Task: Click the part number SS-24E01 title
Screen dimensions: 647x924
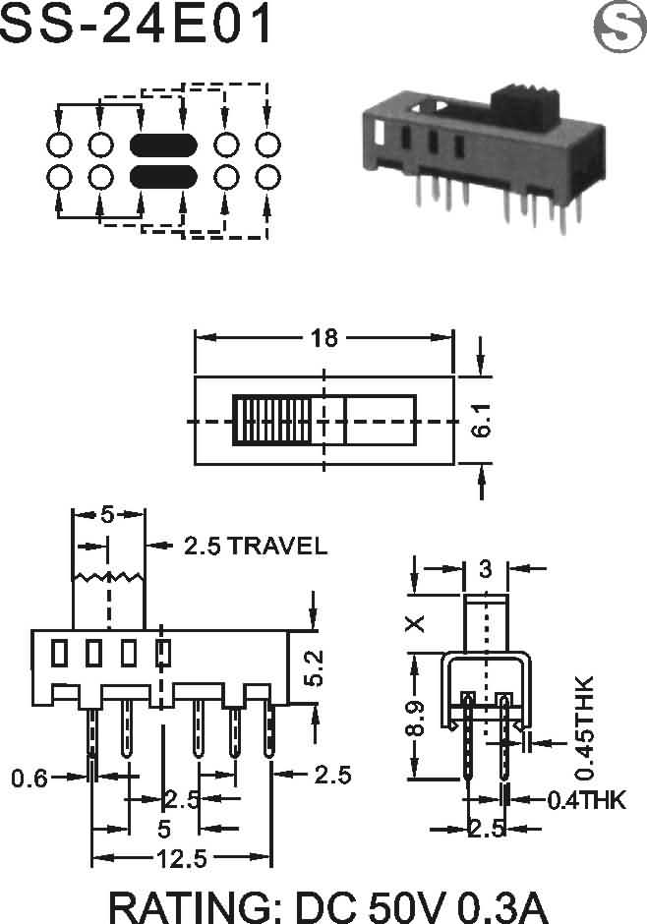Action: pyautogui.click(x=137, y=23)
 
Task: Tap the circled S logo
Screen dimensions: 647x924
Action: pyautogui.click(x=620, y=27)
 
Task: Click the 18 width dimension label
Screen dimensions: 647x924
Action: pyautogui.click(x=324, y=338)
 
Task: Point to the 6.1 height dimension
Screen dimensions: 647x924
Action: pyautogui.click(x=482, y=420)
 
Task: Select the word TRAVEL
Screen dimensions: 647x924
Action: pyautogui.click(x=277, y=546)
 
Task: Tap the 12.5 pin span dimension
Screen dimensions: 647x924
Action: pyautogui.click(x=182, y=859)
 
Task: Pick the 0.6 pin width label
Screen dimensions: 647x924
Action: pyautogui.click(x=29, y=779)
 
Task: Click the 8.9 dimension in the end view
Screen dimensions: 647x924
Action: pyautogui.click(x=415, y=719)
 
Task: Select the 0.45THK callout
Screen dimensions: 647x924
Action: pyautogui.click(x=584, y=727)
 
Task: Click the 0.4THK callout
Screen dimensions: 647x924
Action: pyautogui.click(x=586, y=800)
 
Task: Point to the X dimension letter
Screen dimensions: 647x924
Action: pyautogui.click(x=415, y=623)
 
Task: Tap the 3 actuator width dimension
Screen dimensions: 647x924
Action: pyautogui.click(x=485, y=569)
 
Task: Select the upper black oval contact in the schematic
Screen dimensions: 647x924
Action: pyautogui.click(x=163, y=144)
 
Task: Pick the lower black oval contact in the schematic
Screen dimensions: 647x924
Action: pyautogui.click(x=163, y=177)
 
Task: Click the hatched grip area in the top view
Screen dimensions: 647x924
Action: pyautogui.click(x=272, y=420)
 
